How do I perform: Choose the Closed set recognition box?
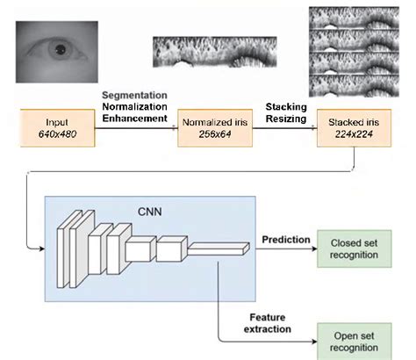click(354, 248)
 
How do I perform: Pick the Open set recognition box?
click(354, 338)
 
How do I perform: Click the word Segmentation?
click(135, 94)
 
